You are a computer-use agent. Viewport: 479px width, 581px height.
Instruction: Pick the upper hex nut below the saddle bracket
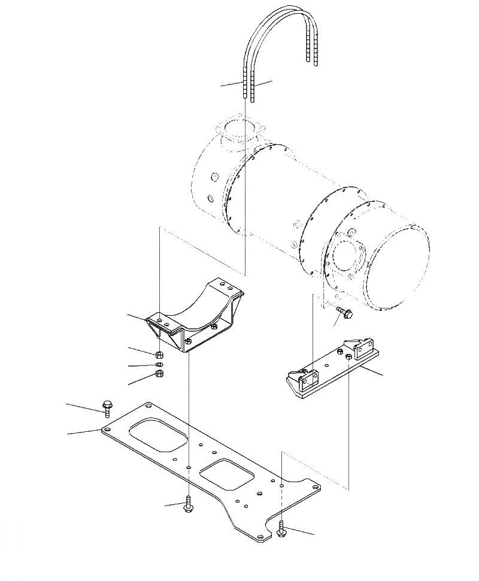(x=159, y=354)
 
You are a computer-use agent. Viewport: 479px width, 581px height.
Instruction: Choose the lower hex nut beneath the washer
(x=159, y=374)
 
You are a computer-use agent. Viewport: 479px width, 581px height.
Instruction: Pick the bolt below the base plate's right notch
(x=282, y=528)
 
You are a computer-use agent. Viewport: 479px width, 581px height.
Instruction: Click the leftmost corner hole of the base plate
(x=107, y=429)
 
